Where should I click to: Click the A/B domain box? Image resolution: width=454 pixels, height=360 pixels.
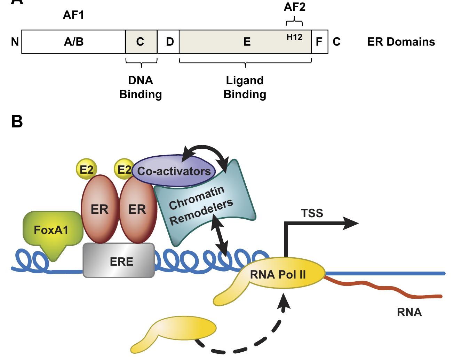tap(73, 42)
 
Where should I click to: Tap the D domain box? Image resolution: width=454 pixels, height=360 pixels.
tap(169, 42)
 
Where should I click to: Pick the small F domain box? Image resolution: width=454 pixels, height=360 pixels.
tap(319, 42)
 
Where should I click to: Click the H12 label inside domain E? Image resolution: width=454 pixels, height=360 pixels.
tap(294, 37)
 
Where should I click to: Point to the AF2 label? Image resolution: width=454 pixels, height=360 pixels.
tap(295, 7)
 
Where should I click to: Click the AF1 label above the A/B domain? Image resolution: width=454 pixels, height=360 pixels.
tap(73, 15)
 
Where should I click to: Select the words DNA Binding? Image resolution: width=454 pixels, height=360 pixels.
tap(141, 87)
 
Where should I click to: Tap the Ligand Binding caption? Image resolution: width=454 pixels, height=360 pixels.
tap(245, 87)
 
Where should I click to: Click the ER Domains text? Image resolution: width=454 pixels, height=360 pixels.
tap(401, 42)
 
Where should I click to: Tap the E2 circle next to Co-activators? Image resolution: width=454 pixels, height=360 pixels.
tap(124, 170)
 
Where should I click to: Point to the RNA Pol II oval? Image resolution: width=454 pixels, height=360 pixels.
tap(278, 274)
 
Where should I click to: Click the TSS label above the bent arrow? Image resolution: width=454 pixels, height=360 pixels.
tap(312, 213)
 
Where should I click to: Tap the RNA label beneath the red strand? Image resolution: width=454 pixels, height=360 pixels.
tap(409, 312)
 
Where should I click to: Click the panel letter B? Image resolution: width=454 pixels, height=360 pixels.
tap(17, 122)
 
